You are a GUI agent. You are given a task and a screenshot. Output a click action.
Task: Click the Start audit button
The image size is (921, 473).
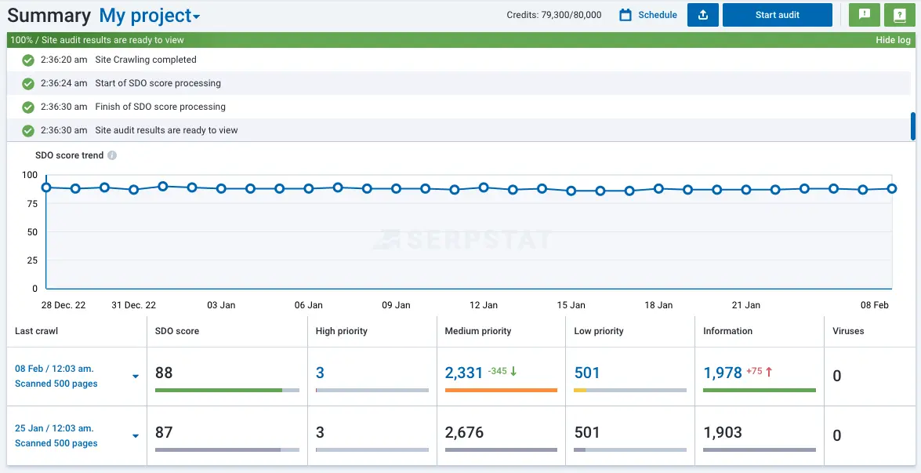777,15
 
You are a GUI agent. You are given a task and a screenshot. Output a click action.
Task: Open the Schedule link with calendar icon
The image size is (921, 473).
648,15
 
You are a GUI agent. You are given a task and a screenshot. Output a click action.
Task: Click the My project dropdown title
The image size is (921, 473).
149,16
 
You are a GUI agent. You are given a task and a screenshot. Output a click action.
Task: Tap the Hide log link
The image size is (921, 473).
893,40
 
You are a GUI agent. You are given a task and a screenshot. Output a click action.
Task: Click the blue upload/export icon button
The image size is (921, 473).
703,15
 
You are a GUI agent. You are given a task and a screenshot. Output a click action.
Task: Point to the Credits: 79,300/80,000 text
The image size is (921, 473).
554,15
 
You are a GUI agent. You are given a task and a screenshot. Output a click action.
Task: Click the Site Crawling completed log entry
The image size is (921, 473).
146,60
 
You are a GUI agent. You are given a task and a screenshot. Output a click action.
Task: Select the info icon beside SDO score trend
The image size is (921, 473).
112,155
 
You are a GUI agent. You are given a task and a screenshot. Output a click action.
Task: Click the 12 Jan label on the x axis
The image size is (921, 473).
484,305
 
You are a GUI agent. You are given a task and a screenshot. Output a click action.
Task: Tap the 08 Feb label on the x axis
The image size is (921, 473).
875,305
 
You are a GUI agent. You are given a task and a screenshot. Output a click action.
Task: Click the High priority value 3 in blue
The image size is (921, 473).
320,373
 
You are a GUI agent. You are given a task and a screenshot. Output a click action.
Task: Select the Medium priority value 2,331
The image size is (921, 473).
463,373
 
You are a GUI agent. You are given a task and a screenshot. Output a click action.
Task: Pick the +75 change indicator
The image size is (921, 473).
754,372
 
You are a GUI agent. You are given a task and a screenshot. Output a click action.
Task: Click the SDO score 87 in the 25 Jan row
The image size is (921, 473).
164,432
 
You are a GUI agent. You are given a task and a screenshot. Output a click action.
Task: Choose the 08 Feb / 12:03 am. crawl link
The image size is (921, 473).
54,369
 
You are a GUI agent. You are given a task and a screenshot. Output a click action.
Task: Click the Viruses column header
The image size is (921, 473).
848,331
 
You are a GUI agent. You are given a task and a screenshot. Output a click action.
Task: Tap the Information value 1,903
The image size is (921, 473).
723,432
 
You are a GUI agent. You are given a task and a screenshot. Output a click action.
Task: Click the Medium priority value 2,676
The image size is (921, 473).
464,432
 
